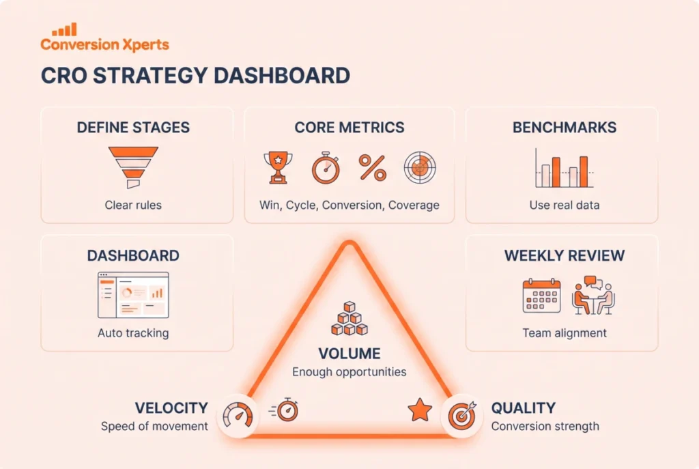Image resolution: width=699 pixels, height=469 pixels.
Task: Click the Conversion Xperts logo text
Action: click(104, 44)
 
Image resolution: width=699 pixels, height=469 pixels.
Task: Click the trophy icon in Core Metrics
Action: click(279, 168)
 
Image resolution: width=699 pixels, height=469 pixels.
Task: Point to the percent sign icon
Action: click(373, 168)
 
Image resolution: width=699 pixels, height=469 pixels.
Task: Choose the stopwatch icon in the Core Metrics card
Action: click(326, 168)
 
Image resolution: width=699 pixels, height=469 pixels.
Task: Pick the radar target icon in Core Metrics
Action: click(420, 168)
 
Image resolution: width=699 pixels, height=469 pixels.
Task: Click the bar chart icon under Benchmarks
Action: click(565, 168)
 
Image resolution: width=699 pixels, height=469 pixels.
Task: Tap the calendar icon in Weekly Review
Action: click(541, 296)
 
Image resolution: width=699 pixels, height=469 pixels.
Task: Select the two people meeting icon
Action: click(593, 295)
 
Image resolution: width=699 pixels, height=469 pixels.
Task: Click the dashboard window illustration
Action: click(133, 295)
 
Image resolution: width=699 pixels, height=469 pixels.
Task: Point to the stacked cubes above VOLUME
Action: click(349, 318)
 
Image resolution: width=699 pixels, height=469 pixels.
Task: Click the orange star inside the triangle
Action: click(420, 410)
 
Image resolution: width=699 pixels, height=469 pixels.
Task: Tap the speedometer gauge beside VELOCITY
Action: click(238, 416)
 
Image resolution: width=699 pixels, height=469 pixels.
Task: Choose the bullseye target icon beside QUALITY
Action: click(462, 416)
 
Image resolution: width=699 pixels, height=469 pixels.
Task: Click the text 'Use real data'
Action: click(565, 205)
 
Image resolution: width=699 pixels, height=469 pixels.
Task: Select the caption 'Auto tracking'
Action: click(133, 333)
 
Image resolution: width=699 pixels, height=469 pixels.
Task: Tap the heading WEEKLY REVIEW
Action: click(565, 255)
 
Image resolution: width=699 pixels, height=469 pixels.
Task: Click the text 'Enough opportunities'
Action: click(349, 372)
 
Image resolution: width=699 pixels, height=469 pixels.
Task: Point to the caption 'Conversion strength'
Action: click(545, 426)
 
